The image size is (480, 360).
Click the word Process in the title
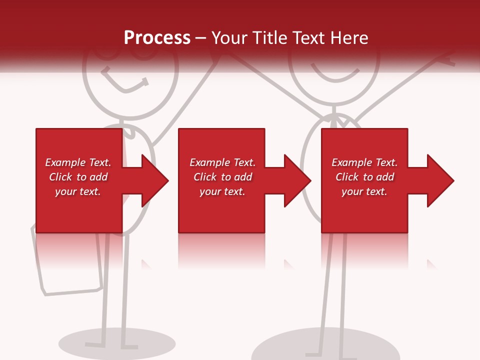157,38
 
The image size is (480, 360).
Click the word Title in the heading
269,38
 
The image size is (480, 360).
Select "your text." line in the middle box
222,191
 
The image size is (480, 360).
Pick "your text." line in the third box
364,191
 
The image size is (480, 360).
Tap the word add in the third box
384,177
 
